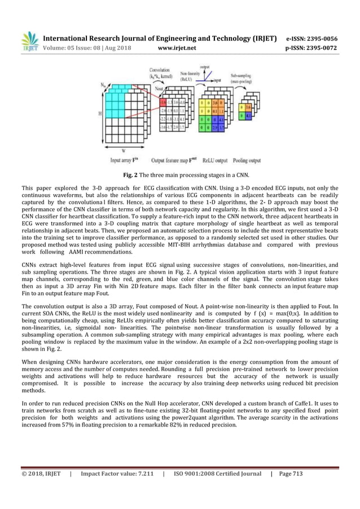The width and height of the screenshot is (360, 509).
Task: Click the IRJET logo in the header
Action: [30, 42]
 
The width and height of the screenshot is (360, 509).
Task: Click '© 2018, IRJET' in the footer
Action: [41, 473]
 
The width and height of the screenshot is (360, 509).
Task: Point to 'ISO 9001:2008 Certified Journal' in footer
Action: [217, 473]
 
